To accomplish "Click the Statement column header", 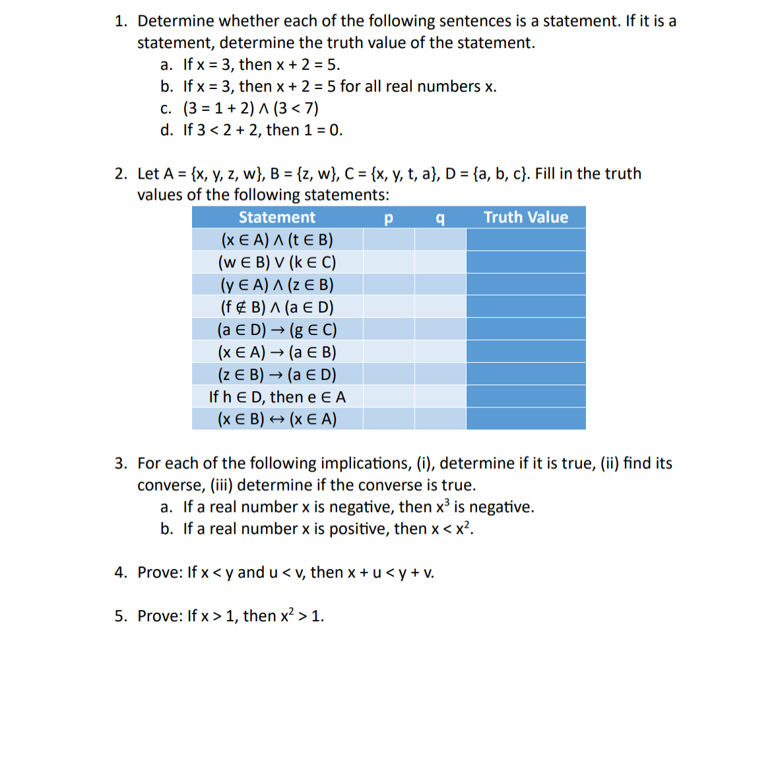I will (277, 218).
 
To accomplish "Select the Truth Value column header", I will (525, 218).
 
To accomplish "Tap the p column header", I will (388, 218).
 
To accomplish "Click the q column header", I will (440, 218).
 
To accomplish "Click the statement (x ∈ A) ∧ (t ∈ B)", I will (277, 240).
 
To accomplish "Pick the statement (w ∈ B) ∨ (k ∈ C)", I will (277, 262).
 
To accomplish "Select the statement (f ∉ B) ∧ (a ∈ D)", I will (277, 307).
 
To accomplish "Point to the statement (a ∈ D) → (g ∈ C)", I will (277, 330).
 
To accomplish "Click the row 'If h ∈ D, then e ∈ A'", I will (277, 397).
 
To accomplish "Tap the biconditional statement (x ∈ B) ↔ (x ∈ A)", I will (277, 419).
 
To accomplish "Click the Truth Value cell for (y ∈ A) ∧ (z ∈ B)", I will (525, 285).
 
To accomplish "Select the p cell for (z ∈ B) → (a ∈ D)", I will (388, 375).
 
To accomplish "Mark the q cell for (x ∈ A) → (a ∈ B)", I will (440, 352).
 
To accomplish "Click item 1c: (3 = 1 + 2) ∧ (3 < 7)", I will (251, 108).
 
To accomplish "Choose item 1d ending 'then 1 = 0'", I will (263, 130).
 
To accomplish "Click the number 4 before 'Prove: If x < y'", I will (119, 572).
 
